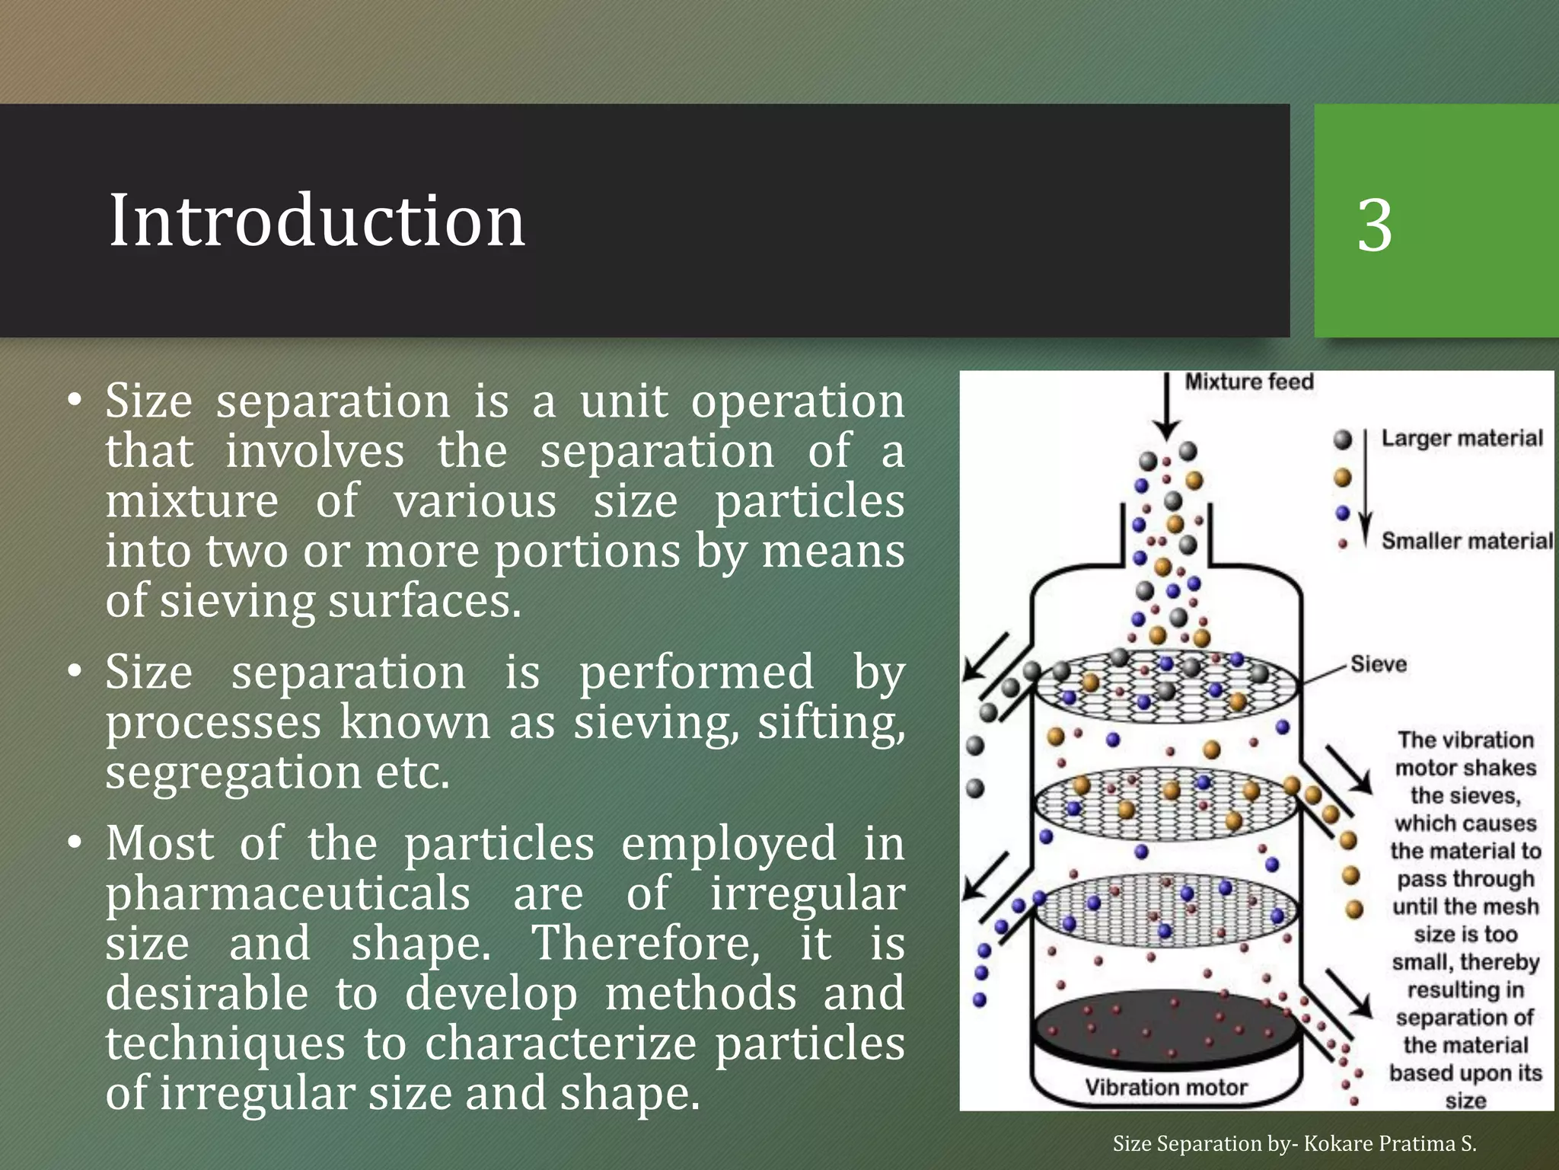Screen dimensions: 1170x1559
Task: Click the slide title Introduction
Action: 317,220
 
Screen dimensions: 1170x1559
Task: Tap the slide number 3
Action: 1375,225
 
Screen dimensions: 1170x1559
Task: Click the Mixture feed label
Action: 1249,382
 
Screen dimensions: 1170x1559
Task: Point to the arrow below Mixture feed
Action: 1166,411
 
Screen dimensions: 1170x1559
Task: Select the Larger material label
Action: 1462,438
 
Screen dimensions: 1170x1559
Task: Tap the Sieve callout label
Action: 1379,664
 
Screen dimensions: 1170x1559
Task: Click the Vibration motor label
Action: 1166,1087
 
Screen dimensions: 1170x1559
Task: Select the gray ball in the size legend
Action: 1343,439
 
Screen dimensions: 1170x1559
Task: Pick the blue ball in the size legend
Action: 1343,513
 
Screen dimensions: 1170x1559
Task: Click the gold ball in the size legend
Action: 1343,478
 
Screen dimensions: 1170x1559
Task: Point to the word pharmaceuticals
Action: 288,893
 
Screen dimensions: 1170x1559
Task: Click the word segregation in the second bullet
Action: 231,772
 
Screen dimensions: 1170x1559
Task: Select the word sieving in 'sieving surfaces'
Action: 236,601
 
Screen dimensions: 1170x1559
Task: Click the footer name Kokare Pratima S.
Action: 1390,1143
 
